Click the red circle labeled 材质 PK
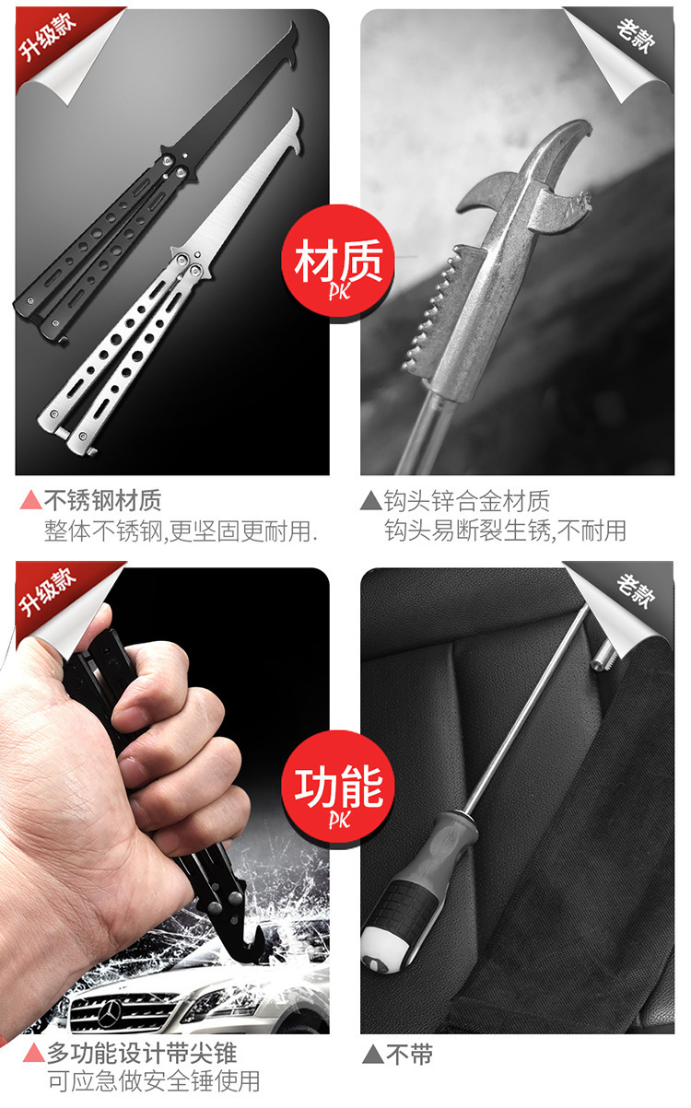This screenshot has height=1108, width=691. [338, 262]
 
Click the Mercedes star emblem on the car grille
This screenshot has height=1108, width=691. [110, 1011]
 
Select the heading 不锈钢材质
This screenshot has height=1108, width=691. [103, 500]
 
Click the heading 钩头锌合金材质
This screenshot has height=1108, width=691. [467, 500]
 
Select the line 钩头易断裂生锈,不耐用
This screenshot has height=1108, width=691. [506, 531]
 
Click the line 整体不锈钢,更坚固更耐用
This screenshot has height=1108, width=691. [181, 531]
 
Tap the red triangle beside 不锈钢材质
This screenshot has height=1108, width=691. [30, 500]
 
